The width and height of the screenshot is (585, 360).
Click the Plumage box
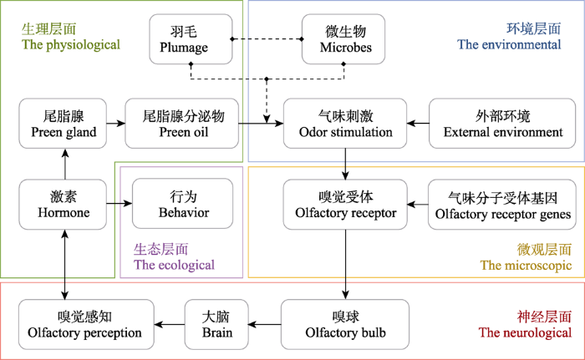191,39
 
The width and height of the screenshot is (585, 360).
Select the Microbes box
343,39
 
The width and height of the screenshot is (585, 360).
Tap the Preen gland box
63,124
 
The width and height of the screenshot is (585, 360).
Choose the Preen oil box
181,124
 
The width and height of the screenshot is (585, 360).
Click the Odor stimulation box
345,124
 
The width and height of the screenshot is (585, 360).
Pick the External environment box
502,124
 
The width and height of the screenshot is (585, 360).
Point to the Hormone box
63,205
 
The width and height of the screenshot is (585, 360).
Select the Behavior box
182,204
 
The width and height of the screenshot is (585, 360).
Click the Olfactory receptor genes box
502,205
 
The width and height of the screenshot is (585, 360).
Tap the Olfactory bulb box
345,325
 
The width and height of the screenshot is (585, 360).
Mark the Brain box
216,325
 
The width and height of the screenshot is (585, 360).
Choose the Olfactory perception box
86,325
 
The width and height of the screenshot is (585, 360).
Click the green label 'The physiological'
71,44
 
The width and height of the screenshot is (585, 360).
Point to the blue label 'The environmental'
509,44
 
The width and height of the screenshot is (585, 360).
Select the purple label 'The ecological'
174,265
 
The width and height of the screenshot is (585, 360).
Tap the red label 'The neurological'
525,332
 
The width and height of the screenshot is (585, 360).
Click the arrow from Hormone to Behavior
120,204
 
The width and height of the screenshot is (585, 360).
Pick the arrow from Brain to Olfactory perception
170,325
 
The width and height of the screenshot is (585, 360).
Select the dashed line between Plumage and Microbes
267,39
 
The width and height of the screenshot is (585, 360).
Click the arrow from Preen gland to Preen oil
115,123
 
